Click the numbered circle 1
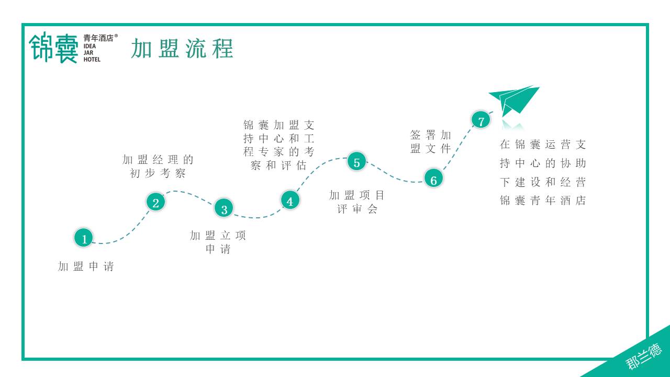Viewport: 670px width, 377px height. pos(84,238)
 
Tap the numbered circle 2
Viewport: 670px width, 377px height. pos(155,202)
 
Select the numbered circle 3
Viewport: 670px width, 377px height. pos(224,208)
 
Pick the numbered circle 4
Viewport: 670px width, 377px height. pos(290,200)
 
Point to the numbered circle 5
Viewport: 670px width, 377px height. pos(356,162)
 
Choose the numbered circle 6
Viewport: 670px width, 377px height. pos(433,179)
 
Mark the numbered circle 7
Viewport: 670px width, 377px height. pos(481,120)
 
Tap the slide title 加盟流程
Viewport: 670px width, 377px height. pos(182,49)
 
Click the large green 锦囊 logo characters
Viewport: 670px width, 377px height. pos(53,48)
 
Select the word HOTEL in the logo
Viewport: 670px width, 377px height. pos(92,60)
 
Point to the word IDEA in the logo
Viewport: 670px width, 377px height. pos(90,47)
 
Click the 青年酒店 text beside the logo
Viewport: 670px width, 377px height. pos(98,38)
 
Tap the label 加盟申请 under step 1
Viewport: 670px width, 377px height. pos(86,267)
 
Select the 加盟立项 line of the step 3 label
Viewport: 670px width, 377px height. pos(218,236)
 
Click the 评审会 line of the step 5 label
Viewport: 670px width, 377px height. pos(357,209)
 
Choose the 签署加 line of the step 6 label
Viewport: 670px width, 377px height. pos(430,135)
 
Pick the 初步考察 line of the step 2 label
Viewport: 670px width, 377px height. pos(158,173)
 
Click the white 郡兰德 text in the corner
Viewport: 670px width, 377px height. pos(643,357)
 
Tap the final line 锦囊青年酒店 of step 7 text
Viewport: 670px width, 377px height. pos(543,201)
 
